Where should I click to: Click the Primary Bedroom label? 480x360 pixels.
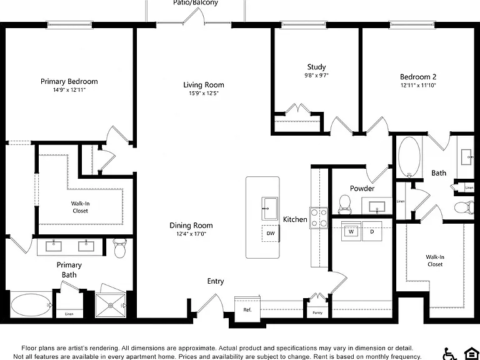69,81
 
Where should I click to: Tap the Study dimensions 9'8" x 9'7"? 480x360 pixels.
316,75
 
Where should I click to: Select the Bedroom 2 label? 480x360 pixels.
418,77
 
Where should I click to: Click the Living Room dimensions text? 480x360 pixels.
204,93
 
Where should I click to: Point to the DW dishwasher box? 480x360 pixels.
270,234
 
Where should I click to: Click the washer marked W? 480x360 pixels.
351,231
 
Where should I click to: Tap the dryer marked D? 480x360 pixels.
372,231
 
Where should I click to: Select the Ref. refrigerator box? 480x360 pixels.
247,309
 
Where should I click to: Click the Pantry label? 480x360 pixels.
317,313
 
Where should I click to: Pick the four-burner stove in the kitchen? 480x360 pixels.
319,217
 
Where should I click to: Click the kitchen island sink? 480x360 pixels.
270,209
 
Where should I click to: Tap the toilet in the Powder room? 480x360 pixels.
345,204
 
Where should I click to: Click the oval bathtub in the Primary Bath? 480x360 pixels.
31,305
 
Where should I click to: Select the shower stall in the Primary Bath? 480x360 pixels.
110,305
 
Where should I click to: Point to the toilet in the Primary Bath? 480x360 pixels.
119,248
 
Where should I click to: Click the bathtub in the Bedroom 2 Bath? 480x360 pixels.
409,157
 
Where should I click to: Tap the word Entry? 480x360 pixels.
216,281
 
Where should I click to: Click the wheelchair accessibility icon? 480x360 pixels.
450,354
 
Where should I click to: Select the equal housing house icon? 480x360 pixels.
471,354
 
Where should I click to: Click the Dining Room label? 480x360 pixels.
191,226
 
